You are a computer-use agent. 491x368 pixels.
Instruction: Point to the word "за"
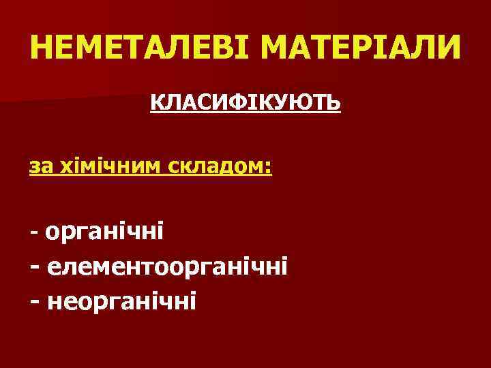(40, 166)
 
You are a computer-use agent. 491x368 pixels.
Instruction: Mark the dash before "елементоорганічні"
(35, 266)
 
